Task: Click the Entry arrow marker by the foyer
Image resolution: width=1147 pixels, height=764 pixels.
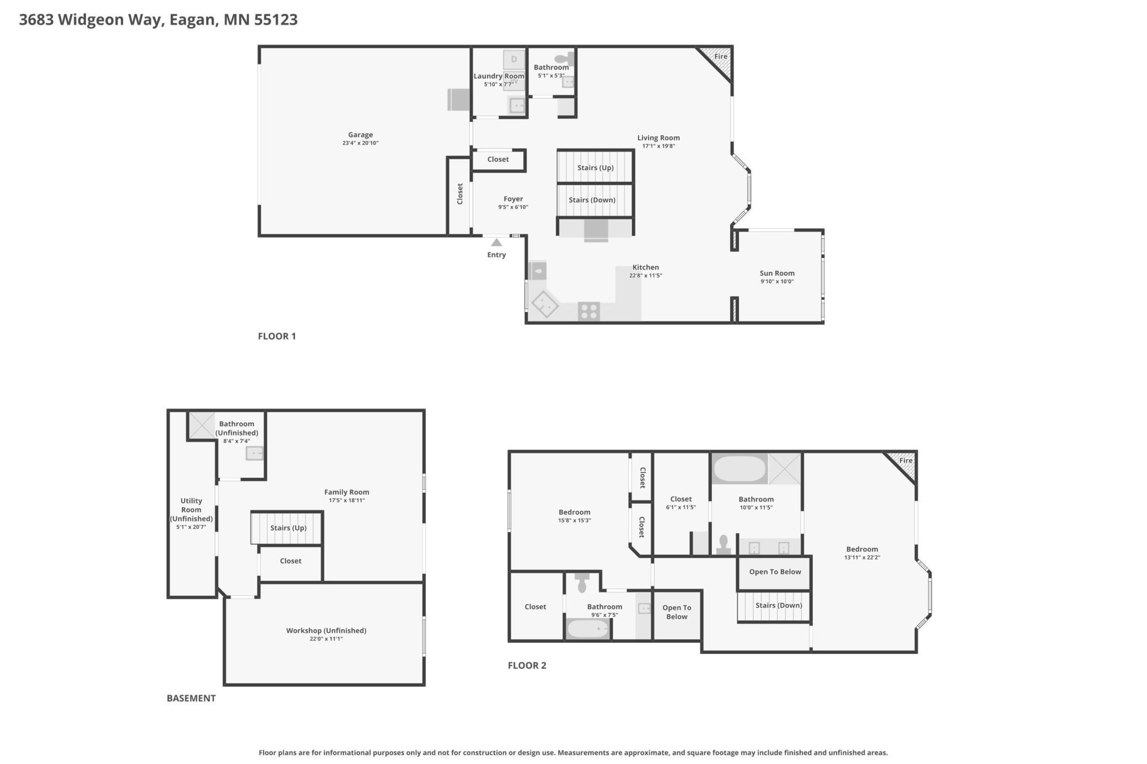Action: click(496, 243)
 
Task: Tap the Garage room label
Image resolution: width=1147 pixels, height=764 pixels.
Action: click(361, 134)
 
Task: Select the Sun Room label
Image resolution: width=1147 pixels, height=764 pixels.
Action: click(777, 273)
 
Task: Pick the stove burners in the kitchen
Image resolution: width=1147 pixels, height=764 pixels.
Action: click(589, 311)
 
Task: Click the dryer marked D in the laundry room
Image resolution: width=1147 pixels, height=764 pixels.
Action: click(514, 60)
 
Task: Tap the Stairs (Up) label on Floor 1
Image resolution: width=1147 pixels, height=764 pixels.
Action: click(596, 168)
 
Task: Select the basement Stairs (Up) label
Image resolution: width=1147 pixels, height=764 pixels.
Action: click(288, 528)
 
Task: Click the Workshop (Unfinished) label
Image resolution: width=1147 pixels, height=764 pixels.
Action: click(326, 630)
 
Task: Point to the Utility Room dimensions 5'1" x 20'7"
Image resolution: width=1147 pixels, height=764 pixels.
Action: click(191, 527)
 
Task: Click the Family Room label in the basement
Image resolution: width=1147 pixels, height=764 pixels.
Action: click(347, 492)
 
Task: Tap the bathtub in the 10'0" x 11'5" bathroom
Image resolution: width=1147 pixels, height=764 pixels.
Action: click(739, 469)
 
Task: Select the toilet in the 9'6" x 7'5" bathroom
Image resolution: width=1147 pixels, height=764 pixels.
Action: click(582, 583)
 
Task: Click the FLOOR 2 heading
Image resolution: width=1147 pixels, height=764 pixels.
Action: click(527, 665)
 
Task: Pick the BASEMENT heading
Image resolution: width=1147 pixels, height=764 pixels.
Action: click(191, 698)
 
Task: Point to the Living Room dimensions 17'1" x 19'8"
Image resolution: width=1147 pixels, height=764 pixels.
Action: click(658, 146)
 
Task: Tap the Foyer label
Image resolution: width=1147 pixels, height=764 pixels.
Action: click(513, 199)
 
